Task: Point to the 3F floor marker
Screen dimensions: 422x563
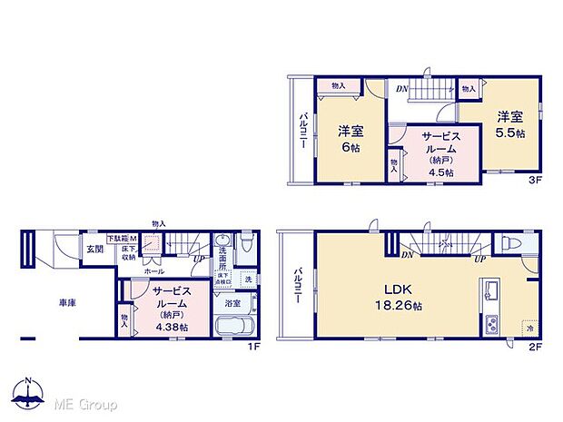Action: tap(535, 180)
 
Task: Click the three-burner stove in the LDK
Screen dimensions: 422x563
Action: tap(490, 324)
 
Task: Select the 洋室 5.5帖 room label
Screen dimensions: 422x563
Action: tap(510, 124)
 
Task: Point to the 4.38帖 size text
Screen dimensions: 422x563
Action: tap(171, 327)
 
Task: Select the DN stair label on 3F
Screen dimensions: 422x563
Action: tap(401, 88)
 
